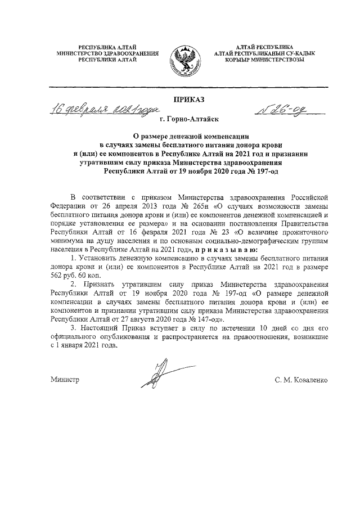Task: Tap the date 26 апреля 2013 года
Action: coord(131,206)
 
